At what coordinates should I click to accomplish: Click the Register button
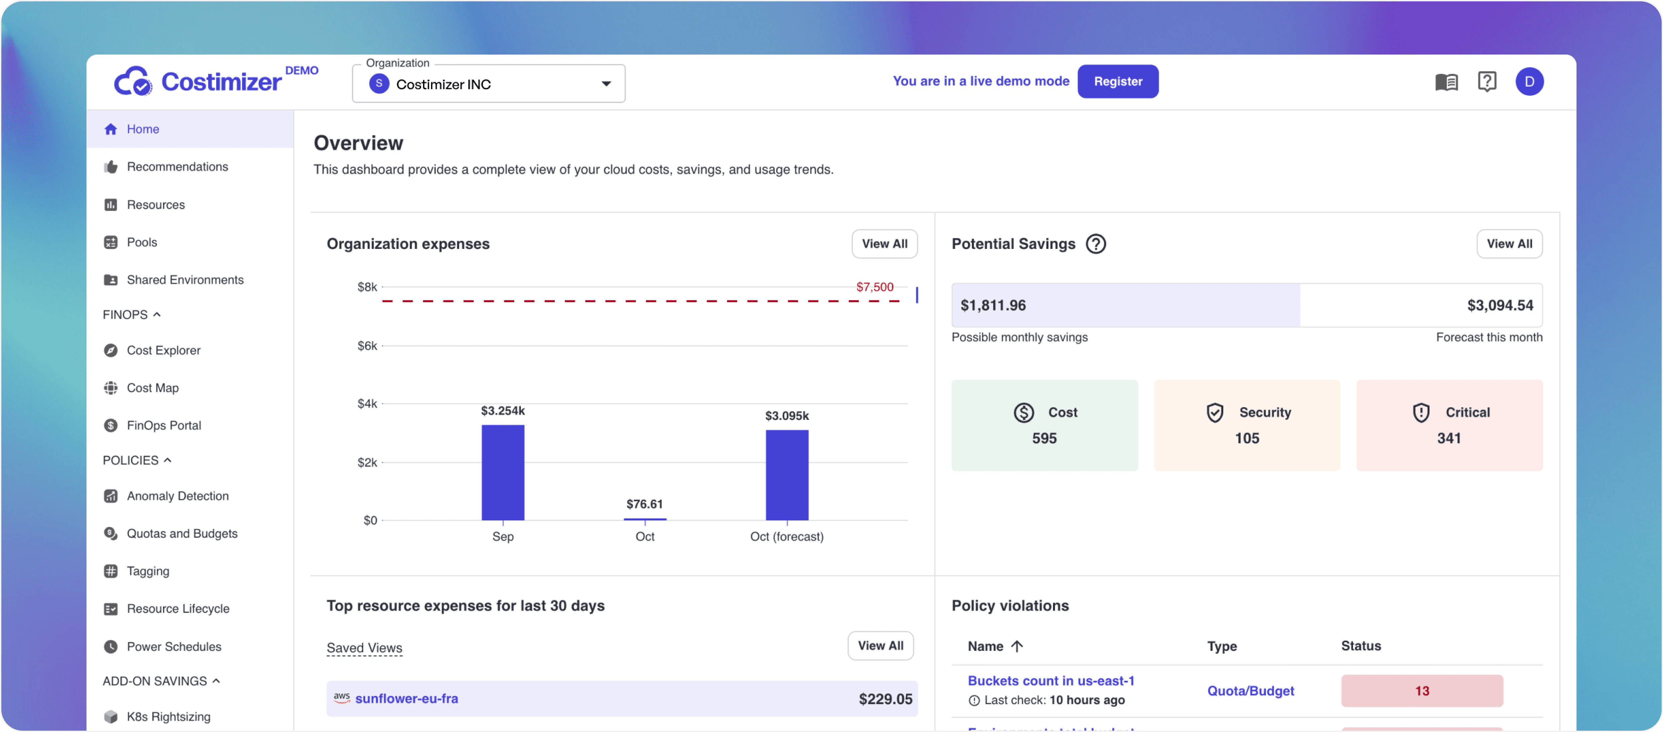1118,82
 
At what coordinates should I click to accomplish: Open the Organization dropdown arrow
606,84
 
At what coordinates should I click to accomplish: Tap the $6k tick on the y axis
367,346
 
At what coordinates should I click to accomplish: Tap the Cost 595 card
1044,425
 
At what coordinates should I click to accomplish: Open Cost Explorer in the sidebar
163,350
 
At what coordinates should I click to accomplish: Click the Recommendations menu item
177,167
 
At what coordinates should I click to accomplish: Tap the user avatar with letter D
1529,82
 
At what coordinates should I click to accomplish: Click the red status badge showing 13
1422,691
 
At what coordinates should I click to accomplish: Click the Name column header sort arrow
1017,646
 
